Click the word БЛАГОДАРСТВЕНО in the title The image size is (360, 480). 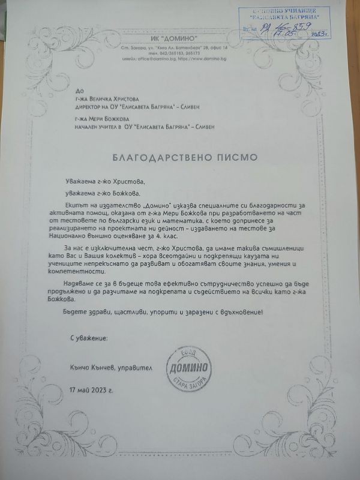[x=162, y=157]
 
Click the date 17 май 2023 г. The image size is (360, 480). [x=97, y=390]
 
